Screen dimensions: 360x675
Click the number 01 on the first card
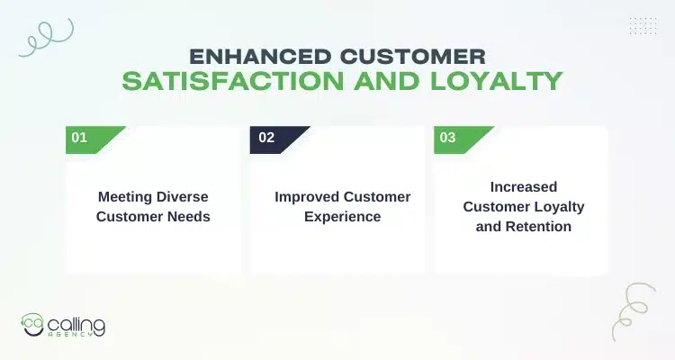79,138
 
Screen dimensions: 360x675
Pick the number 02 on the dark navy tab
265,138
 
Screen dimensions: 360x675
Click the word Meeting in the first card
124,197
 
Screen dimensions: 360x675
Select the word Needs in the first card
189,217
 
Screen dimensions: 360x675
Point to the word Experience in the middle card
341,217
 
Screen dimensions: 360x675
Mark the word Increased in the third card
524,187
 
